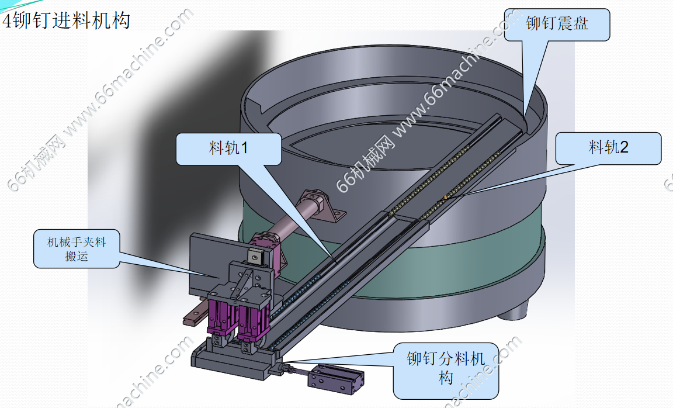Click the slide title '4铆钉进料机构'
click(x=66, y=21)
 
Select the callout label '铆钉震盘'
click(x=556, y=25)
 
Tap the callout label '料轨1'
click(x=228, y=148)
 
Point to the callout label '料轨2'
click(x=608, y=148)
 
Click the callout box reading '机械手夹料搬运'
click(x=77, y=248)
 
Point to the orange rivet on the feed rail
click(x=446, y=198)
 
